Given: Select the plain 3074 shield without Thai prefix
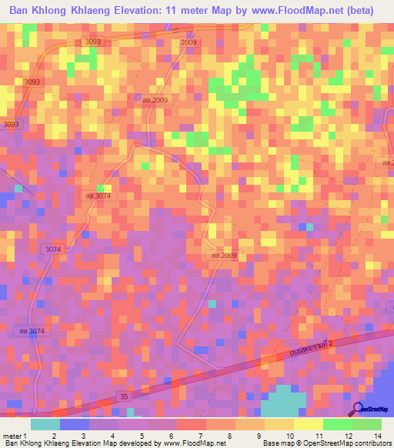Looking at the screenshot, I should [52, 249].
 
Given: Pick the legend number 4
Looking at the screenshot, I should [112, 435].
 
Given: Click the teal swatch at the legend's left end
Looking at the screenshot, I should [45, 424].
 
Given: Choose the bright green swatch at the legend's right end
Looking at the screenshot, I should [367, 424].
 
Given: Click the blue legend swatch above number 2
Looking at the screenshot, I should [75, 424].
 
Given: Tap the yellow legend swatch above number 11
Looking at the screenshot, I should [309, 424].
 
